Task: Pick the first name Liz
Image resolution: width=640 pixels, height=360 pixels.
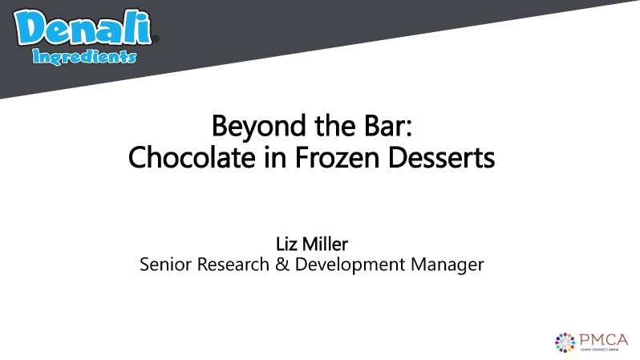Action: pyautogui.click(x=286, y=243)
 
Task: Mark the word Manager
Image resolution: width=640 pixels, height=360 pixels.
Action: pyautogui.click(x=445, y=264)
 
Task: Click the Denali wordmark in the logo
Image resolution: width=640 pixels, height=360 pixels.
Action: pyautogui.click(x=83, y=30)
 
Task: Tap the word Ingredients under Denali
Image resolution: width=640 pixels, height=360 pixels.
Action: pyautogui.click(x=84, y=57)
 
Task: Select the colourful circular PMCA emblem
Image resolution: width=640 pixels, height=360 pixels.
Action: pyautogui.click(x=565, y=341)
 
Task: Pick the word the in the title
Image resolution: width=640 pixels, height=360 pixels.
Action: pyautogui.click(x=322, y=127)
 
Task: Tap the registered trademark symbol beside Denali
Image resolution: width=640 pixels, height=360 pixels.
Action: pyautogui.click(x=156, y=38)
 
